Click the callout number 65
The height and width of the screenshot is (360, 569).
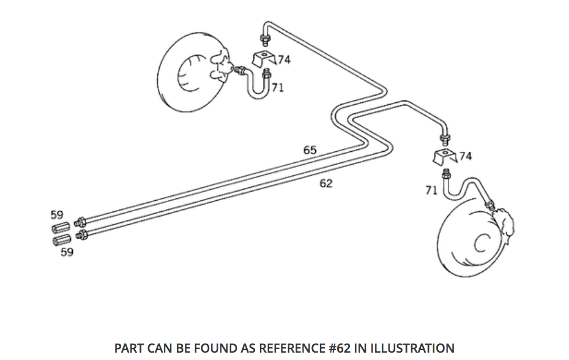pyautogui.click(x=310, y=149)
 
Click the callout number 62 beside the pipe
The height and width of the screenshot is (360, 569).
pyautogui.click(x=326, y=183)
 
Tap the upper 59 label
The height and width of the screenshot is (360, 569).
pyautogui.click(x=56, y=215)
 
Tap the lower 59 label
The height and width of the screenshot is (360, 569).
pyautogui.click(x=67, y=252)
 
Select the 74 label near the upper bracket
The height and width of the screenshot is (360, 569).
pyautogui.click(x=284, y=59)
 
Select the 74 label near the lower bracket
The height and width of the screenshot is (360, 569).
pyautogui.click(x=465, y=156)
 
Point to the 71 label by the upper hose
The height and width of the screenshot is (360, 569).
pyautogui.click(x=277, y=88)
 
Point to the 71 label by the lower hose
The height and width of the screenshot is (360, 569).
pyautogui.click(x=431, y=190)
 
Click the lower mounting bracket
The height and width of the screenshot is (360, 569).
pyautogui.click(x=444, y=157)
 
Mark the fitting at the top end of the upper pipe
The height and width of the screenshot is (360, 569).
pyautogui.click(x=265, y=41)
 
